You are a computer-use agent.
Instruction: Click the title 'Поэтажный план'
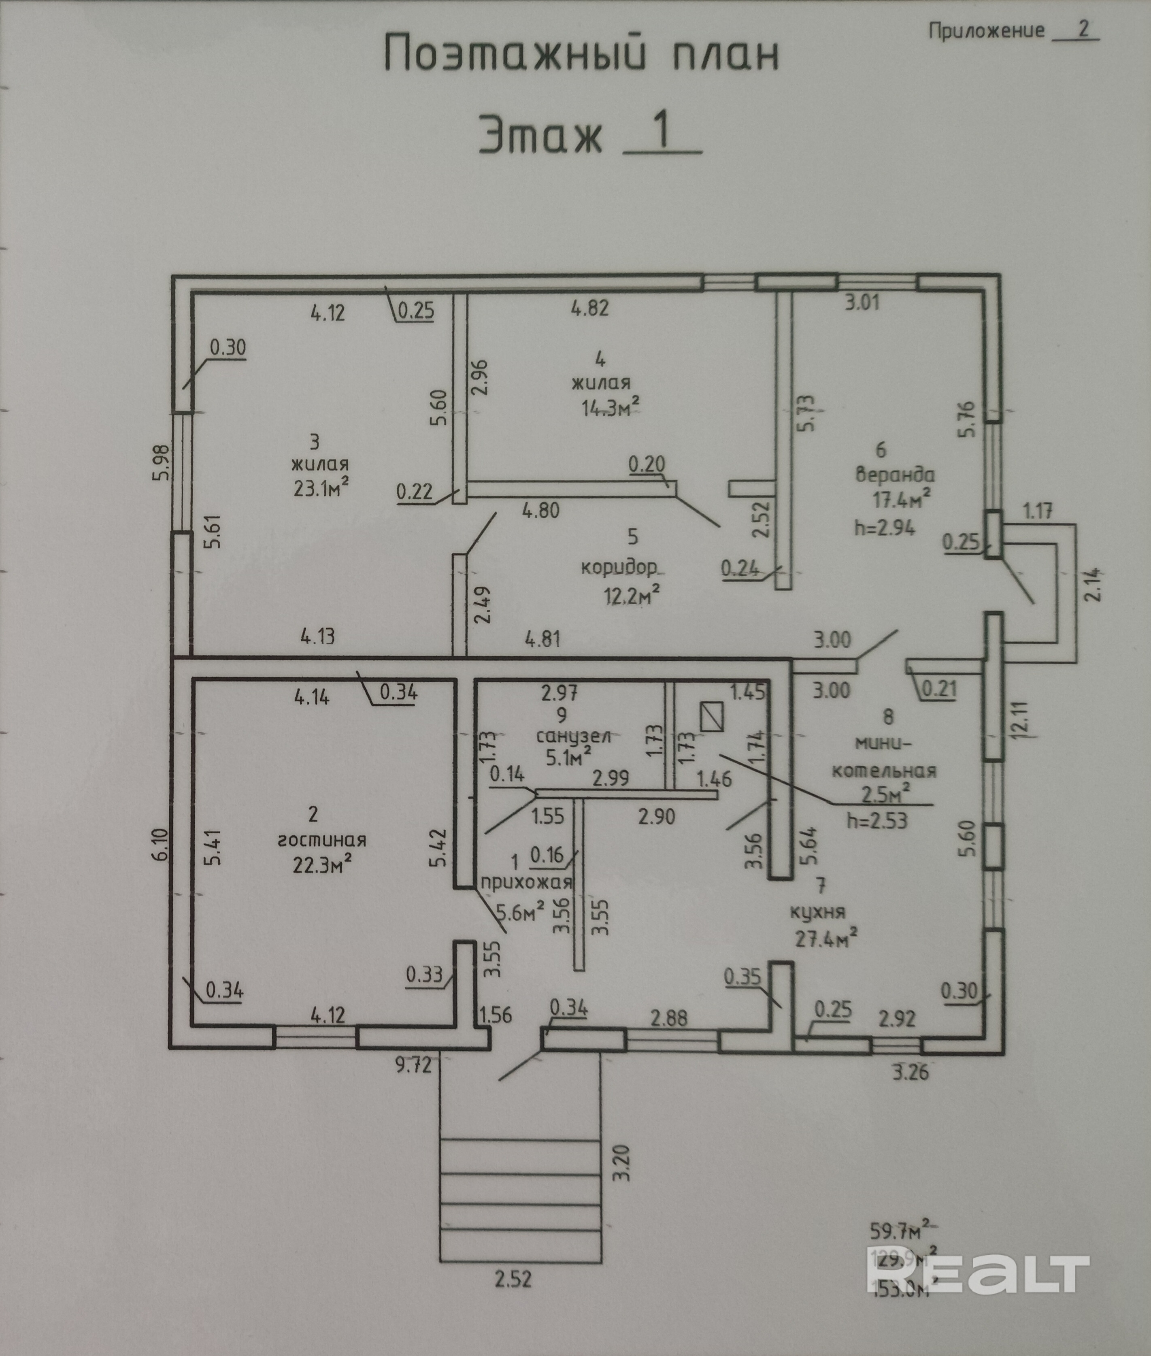pyautogui.click(x=581, y=55)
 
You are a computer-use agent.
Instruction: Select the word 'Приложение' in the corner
pyautogui.click(x=987, y=31)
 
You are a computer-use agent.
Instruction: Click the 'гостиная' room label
pyautogui.click(x=322, y=840)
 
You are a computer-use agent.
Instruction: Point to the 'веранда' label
pyautogui.click(x=895, y=475)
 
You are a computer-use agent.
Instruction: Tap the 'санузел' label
pyautogui.click(x=574, y=737)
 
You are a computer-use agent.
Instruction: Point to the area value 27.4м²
pyautogui.click(x=825, y=939)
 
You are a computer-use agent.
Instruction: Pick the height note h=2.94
pyautogui.click(x=885, y=527)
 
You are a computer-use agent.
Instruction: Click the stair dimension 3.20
pyautogui.click(x=622, y=1162)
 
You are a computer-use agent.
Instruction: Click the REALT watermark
pyautogui.click(x=979, y=1273)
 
